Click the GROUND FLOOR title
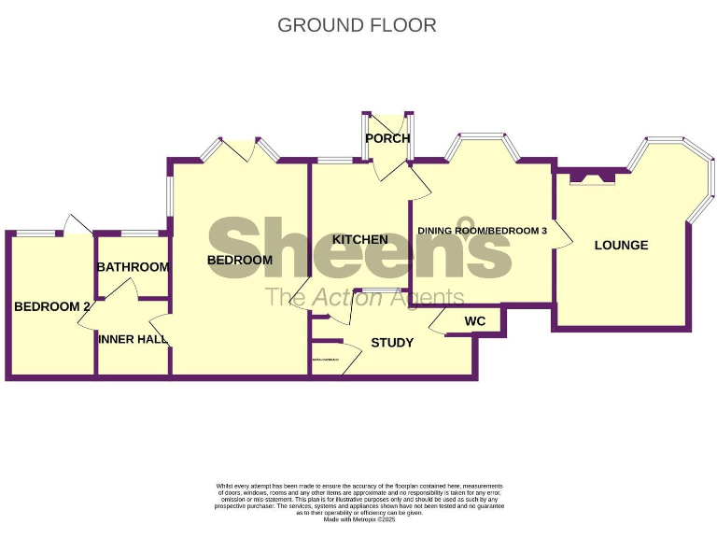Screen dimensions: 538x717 point(358,25)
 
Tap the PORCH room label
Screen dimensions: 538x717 point(387,139)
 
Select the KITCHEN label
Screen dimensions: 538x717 point(359,240)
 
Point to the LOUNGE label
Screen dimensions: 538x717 point(621,246)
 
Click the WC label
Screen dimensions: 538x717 point(475,322)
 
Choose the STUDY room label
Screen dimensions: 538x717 point(392,343)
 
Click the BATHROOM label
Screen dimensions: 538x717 point(133,267)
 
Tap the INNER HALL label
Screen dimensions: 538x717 point(133,339)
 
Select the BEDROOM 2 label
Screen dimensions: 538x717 point(51,306)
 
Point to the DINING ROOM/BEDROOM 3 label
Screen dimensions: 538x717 point(482,231)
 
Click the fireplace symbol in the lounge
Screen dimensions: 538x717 point(592,177)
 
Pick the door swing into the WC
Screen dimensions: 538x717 point(439,322)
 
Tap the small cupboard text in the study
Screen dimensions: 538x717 point(322,360)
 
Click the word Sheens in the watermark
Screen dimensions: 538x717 point(359,248)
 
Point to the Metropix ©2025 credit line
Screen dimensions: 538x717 point(359,519)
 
